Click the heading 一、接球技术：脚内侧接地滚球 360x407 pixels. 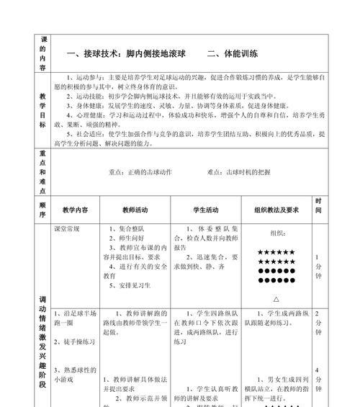(125, 53)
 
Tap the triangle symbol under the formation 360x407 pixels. (277, 298)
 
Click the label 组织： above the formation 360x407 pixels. (277, 234)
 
